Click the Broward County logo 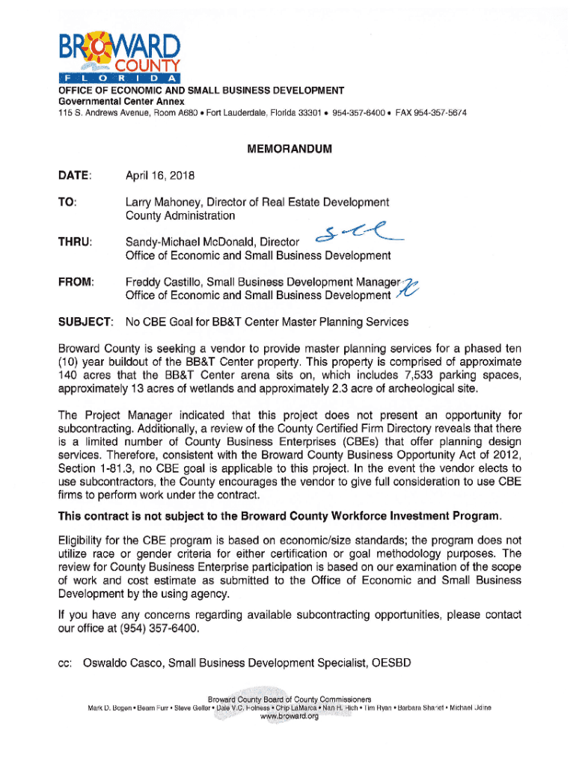[x=119, y=57]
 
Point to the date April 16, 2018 [x=159, y=177]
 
